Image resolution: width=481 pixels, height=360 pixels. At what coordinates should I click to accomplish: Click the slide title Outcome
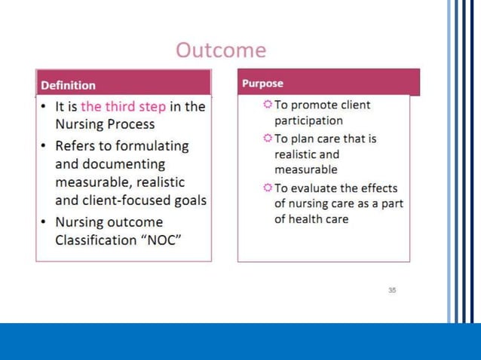[220, 50]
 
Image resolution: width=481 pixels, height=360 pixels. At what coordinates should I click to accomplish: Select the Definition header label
[68, 85]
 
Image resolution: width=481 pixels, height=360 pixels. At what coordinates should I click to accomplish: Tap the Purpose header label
[262, 83]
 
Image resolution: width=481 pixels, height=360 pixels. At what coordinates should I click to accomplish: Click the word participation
[308, 121]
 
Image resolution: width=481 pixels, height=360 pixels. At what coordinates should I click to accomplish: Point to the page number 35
[392, 290]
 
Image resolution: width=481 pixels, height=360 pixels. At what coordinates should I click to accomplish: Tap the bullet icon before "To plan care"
[268, 139]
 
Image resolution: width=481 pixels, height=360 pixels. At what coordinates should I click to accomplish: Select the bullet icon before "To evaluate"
[268, 188]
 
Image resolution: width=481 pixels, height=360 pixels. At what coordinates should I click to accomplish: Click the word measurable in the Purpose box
[306, 169]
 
